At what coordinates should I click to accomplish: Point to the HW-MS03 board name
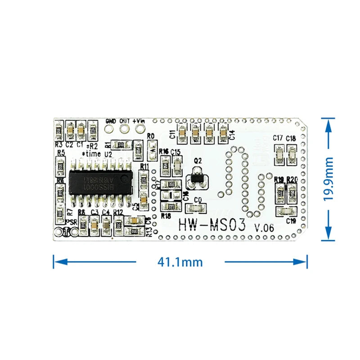212,225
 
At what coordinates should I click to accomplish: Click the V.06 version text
264,228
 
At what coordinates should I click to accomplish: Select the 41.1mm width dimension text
180,261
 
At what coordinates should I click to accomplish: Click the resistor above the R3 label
58,131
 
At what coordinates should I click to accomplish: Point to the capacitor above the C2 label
70,131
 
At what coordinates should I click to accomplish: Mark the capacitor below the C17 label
279,156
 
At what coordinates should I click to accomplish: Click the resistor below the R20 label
292,193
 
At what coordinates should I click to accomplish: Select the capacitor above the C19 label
285,211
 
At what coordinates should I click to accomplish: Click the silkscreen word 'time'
93,154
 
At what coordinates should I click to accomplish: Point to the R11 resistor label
144,166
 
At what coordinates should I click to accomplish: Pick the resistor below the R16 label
165,166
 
